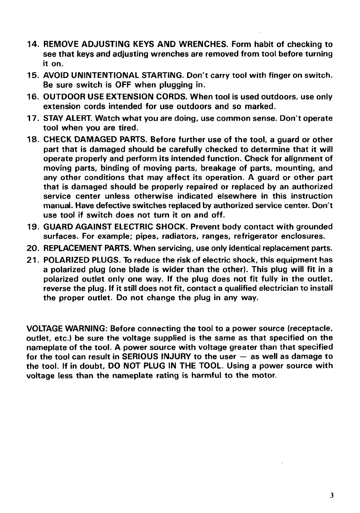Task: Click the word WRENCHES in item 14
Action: tap(204, 44)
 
